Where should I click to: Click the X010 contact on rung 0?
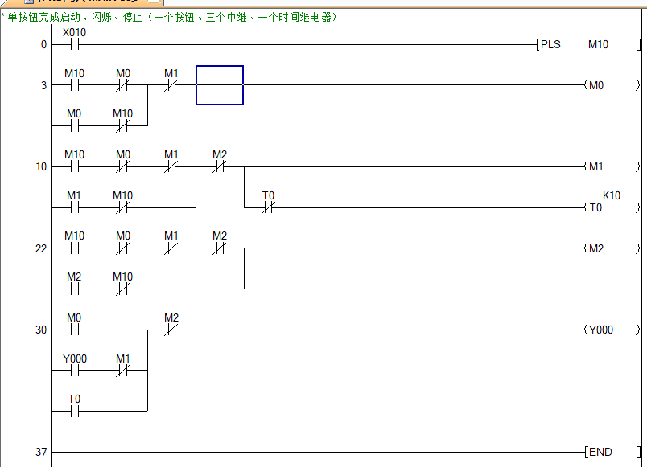74,45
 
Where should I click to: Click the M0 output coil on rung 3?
595,85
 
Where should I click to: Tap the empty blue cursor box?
220,85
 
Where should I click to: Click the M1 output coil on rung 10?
595,167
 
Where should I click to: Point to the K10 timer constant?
612,195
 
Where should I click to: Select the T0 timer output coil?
595,207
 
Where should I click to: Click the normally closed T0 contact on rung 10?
268,207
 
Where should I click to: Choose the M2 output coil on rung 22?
595,248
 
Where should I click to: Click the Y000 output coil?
600,330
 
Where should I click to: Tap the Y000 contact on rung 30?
74,371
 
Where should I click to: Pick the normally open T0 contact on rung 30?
74,411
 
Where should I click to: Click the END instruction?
600,453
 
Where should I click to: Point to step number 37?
41,453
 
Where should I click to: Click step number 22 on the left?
41,248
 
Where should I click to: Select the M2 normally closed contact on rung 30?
171,330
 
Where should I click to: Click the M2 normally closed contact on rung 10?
220,167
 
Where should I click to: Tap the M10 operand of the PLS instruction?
598,45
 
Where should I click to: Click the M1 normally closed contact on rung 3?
171,85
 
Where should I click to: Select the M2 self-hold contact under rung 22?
74,289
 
